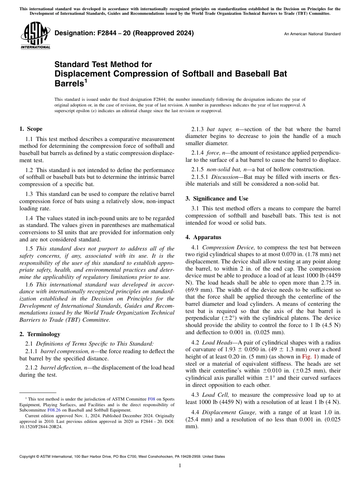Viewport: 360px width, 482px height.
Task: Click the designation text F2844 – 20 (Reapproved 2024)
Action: point(124,33)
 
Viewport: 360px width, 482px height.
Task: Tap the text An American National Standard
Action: point(312,34)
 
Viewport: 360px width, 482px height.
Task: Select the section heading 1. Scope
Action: point(31,129)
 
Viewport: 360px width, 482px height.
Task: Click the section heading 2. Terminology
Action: point(40,334)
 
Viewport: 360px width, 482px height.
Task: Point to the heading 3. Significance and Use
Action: point(217,199)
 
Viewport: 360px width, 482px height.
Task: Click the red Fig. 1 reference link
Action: point(308,357)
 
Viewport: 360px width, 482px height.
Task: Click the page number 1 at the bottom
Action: point(180,466)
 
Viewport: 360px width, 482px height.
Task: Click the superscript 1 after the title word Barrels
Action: point(86,81)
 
